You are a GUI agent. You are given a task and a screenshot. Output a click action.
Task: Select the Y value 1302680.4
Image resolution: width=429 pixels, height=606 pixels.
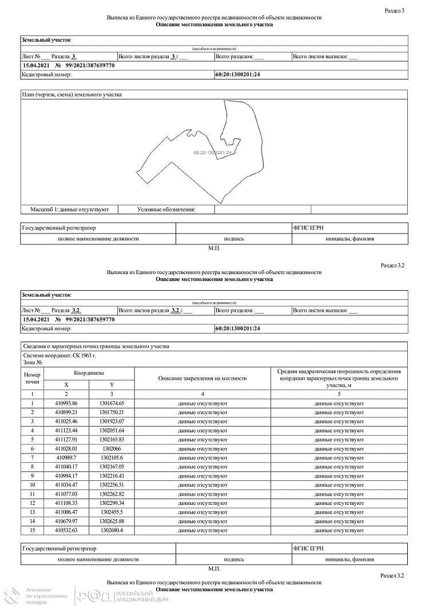(112, 530)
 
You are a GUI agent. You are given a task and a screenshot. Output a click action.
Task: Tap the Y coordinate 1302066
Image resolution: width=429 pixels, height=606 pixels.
(112, 448)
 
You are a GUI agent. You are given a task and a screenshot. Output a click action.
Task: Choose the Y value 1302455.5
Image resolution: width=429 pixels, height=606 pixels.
(112, 512)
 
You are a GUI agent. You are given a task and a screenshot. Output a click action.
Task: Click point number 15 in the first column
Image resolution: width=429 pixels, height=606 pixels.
(33, 530)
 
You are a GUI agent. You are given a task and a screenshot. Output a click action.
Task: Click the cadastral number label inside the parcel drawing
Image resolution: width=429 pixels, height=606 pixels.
(213, 152)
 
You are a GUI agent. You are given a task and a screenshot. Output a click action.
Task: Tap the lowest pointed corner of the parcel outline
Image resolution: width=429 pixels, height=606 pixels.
(220, 203)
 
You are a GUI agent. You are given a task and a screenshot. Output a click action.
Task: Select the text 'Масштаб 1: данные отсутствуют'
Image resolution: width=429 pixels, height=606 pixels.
(69, 210)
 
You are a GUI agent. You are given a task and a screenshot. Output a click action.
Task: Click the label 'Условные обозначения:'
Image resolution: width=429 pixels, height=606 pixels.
(166, 210)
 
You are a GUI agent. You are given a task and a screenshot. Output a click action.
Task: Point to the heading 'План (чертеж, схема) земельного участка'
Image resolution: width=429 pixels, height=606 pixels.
(71, 95)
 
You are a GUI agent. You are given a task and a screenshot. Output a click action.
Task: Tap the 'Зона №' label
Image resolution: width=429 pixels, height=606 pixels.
(32, 362)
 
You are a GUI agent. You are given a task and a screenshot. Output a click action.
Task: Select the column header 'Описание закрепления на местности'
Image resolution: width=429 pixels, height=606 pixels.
(202, 378)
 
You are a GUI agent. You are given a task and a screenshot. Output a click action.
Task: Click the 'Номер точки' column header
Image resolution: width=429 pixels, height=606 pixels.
(33, 378)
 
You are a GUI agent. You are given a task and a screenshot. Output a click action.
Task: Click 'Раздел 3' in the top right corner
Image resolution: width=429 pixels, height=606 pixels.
(395, 10)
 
